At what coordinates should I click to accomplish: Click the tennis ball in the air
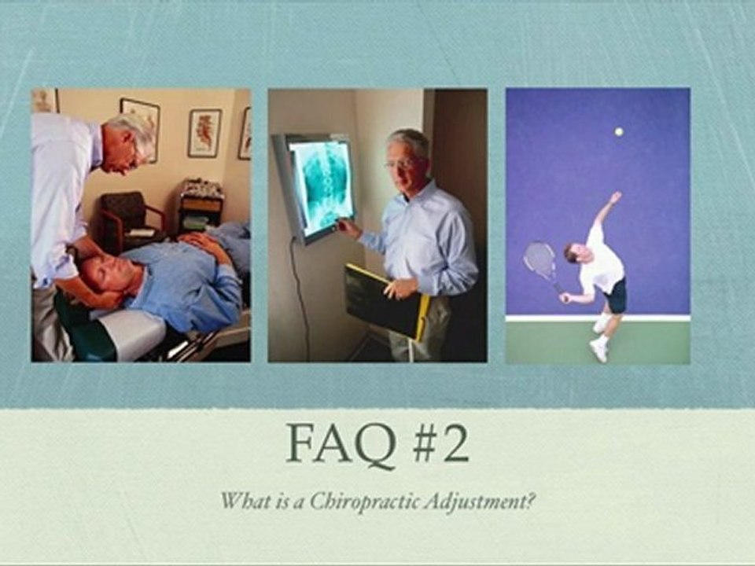click(x=619, y=131)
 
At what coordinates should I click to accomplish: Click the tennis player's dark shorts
click(x=614, y=296)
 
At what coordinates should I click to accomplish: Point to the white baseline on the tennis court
click(x=598, y=318)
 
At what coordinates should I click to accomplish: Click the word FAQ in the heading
click(x=341, y=443)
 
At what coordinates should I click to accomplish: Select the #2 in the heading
click(x=441, y=443)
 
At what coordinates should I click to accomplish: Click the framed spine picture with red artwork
click(x=205, y=134)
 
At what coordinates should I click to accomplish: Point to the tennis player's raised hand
click(x=615, y=197)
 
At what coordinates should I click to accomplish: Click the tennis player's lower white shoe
click(x=598, y=351)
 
